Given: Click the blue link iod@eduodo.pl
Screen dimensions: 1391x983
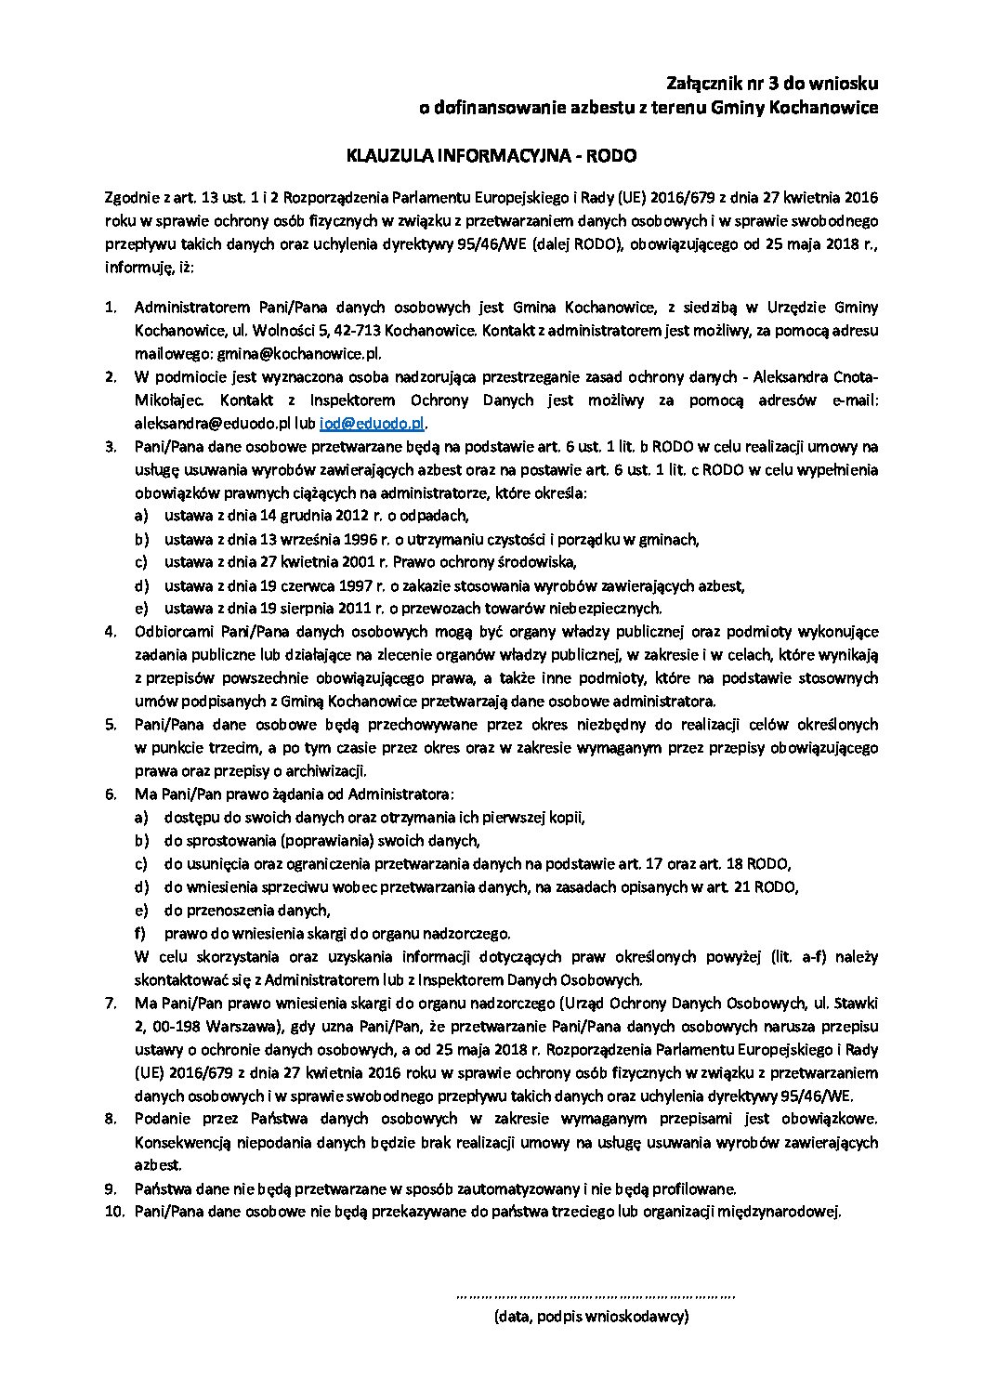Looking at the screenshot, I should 372,423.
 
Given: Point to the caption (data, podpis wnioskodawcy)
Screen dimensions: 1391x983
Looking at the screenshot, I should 591,1316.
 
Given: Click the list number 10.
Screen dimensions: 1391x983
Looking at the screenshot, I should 113,1212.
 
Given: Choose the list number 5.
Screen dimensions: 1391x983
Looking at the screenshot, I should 111,725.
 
